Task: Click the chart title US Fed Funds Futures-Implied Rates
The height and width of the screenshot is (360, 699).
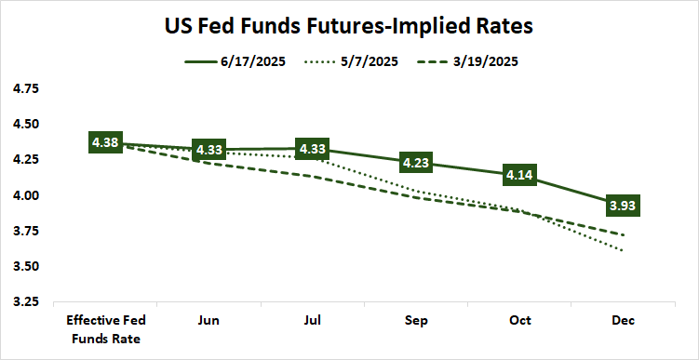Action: click(x=349, y=26)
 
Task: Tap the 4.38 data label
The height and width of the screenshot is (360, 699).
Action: click(x=105, y=142)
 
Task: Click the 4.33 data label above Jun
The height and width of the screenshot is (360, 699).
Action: click(x=208, y=150)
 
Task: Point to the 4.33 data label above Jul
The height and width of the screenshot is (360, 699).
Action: click(x=312, y=149)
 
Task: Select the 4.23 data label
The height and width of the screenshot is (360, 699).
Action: click(x=416, y=163)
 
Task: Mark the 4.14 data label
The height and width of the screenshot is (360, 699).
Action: click(x=519, y=175)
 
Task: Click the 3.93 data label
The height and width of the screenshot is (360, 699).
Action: click(x=623, y=206)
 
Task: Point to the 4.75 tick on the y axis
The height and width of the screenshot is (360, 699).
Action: click(x=25, y=88)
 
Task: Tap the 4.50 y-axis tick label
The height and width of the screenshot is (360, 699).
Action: click(x=25, y=124)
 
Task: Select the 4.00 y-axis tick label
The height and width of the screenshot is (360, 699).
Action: click(x=25, y=195)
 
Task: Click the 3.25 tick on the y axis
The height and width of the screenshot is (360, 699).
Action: click(x=25, y=302)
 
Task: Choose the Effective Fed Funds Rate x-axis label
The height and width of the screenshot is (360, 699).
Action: click(x=105, y=328)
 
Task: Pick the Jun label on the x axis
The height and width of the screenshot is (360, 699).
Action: click(x=208, y=320)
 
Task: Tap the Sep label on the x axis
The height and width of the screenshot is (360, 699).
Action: click(x=416, y=320)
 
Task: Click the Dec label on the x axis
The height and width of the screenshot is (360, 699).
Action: click(x=623, y=320)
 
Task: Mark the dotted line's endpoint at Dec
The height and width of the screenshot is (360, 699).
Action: click(x=623, y=250)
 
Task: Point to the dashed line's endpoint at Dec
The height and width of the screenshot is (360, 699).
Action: click(x=623, y=234)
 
